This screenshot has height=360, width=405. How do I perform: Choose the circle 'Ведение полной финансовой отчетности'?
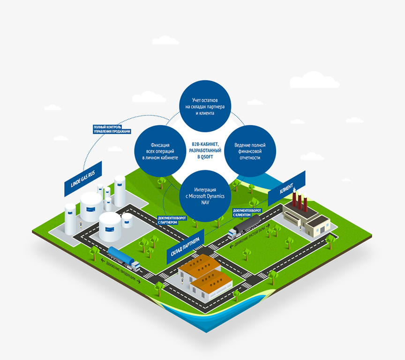249,150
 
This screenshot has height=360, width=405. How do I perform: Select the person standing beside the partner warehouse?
181,282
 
